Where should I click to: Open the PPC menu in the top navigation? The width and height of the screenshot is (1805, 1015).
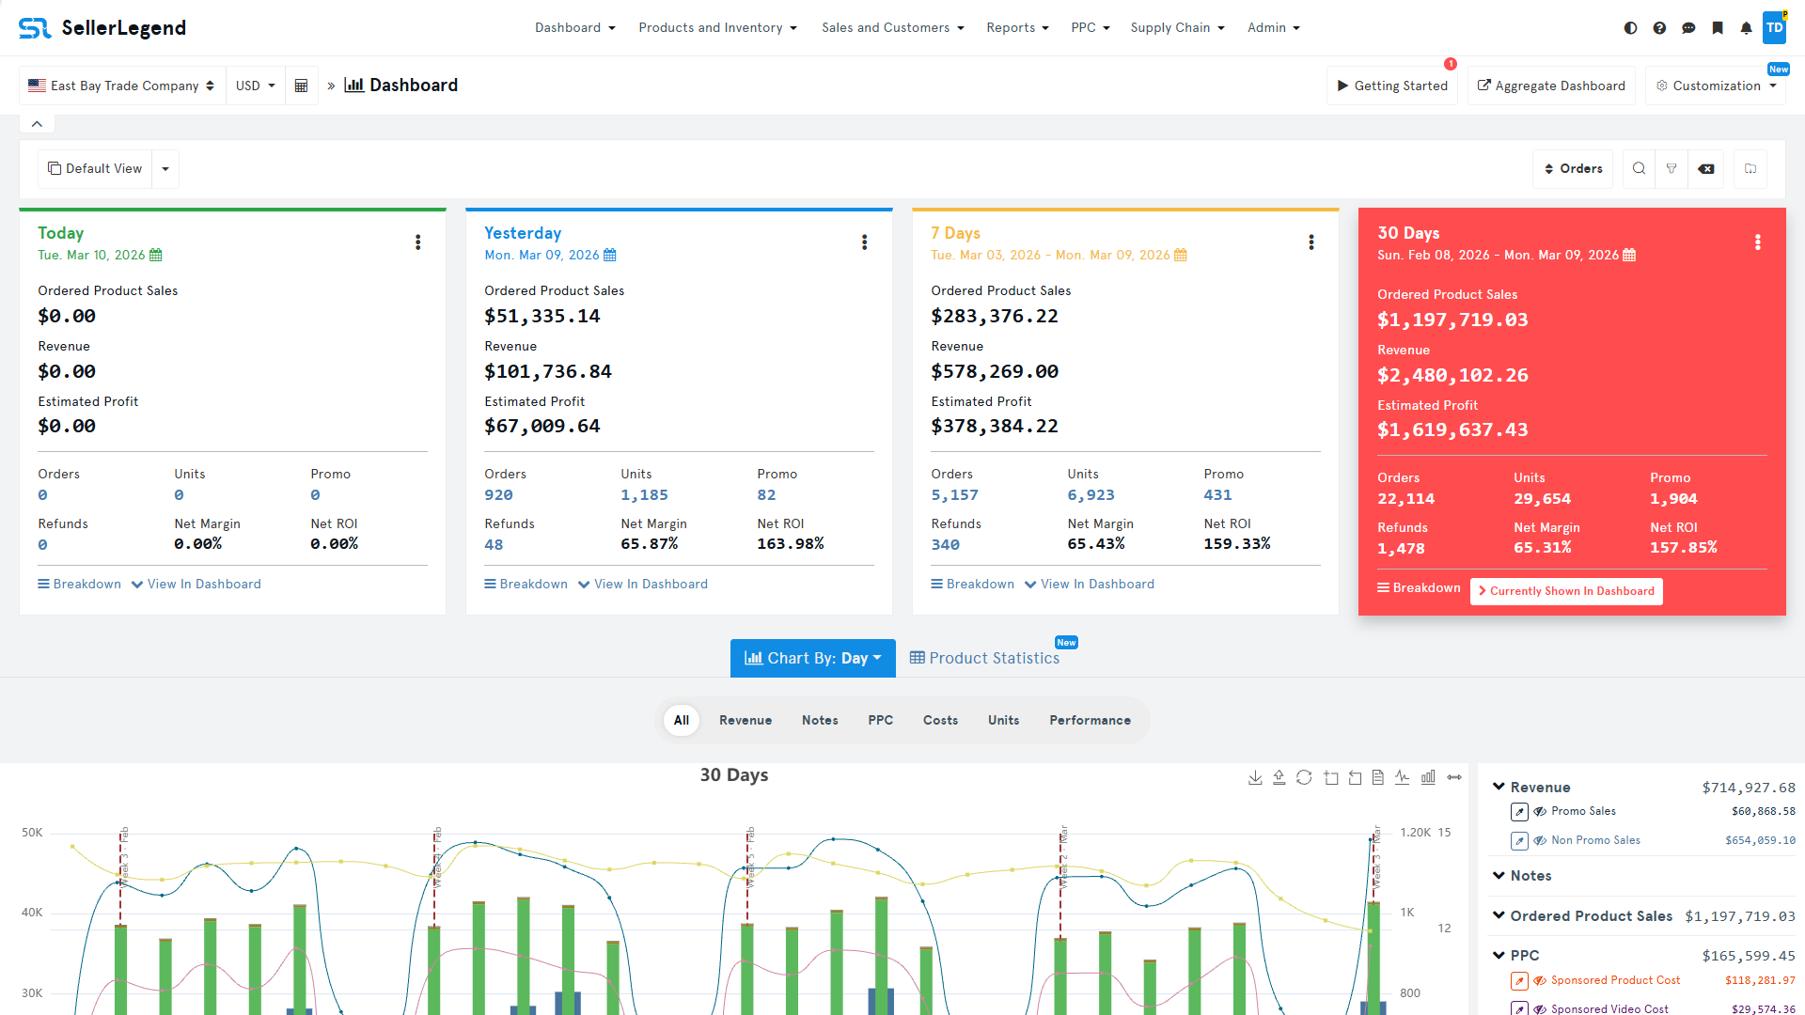1090,28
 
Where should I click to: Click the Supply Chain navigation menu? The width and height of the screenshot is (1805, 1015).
1177,28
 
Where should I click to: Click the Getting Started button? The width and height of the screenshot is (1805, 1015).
1392,86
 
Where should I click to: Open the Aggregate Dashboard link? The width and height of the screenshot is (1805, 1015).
1551,86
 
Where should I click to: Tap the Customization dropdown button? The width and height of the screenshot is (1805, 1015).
1716,86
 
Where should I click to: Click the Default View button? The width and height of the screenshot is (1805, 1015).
95,169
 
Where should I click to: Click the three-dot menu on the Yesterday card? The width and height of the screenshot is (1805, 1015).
864,242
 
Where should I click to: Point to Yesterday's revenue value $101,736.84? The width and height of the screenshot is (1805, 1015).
548,372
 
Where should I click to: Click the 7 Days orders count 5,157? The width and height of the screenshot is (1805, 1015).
954,495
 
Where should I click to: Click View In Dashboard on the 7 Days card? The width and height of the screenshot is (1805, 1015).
1090,585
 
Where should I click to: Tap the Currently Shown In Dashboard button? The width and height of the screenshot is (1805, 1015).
1566,591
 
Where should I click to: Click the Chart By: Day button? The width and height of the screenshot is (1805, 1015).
812,659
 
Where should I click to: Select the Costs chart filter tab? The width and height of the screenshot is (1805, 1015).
940,721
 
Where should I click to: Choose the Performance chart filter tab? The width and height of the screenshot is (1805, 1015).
1090,721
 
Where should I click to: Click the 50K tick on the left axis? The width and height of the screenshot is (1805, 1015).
32,833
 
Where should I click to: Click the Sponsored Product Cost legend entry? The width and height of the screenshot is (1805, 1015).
1615,980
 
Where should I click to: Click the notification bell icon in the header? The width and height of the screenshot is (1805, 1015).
1746,28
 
